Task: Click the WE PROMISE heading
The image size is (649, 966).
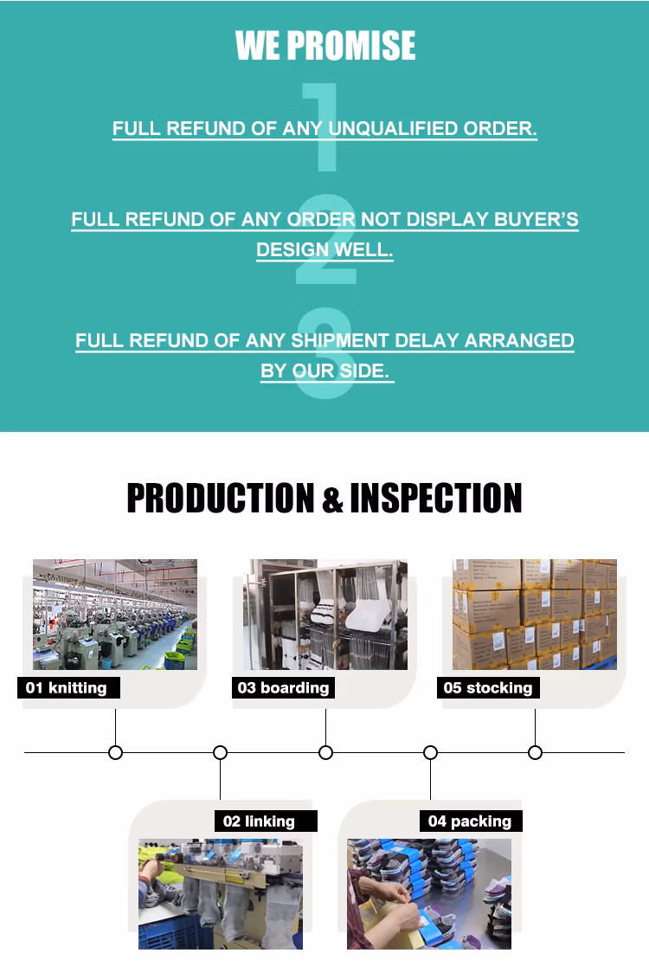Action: coord(325,46)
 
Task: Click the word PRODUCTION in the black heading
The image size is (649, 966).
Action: coord(221,499)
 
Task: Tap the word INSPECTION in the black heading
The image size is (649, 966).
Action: coord(436,499)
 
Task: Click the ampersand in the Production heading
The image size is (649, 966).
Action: coord(332,500)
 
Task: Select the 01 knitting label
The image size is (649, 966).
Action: coord(67,688)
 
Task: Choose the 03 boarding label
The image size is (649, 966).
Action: coord(283,688)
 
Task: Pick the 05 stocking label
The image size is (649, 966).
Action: coord(488,688)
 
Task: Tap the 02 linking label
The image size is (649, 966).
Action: coord(260,821)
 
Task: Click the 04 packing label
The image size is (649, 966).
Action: coord(470,821)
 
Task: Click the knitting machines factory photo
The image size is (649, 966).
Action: coord(115,615)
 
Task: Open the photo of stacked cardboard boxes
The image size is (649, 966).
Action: coord(535,615)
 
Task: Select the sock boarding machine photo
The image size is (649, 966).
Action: coord(324,615)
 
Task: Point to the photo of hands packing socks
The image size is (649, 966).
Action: coord(429,893)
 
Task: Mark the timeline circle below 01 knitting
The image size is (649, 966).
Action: coord(115,752)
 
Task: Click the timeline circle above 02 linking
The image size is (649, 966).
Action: coord(220,752)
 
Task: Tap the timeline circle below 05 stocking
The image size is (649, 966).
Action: coord(535,752)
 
